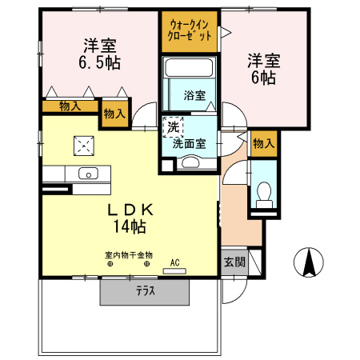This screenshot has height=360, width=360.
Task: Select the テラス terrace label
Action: [145, 291]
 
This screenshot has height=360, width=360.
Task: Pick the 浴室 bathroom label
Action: [195, 95]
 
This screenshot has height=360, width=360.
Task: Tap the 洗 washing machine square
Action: [173, 126]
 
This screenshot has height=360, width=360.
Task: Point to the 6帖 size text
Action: [262, 78]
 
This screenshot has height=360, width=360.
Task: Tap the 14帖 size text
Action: [128, 227]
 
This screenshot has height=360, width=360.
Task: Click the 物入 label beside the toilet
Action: [263, 143]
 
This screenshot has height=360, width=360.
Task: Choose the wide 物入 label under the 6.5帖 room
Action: [70, 106]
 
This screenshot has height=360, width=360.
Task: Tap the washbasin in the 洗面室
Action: [191, 162]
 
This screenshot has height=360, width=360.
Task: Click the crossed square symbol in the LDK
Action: [83, 146]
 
